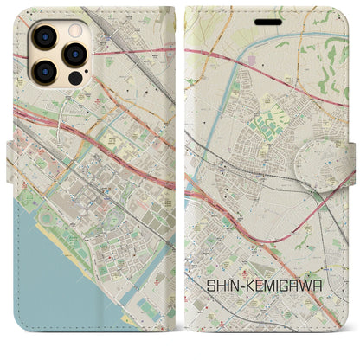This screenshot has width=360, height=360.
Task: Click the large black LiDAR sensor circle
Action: pyautogui.click(x=74, y=78)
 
